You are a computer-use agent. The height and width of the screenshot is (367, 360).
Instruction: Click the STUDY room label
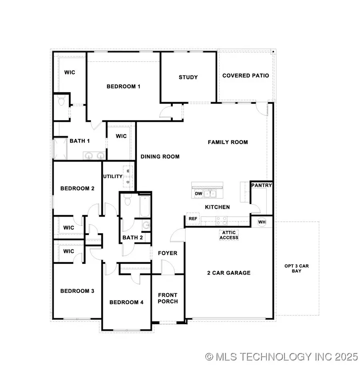point(188,77)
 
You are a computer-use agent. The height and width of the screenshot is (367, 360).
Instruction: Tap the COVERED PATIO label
point(246,76)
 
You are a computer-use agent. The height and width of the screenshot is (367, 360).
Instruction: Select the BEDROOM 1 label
point(123,86)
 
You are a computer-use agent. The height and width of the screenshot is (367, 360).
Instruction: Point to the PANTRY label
point(262,185)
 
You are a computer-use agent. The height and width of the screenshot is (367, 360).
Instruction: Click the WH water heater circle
point(262,222)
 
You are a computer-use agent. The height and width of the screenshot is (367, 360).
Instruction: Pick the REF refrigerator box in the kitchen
point(193,219)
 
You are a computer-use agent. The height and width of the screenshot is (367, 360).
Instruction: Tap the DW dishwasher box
point(199,194)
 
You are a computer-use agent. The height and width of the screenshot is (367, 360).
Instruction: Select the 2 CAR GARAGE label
point(229,273)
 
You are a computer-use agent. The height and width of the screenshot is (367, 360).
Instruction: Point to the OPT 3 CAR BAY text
point(296,269)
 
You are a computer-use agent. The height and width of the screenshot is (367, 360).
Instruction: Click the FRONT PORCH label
point(168,298)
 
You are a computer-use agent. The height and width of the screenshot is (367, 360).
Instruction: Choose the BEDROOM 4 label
point(126,302)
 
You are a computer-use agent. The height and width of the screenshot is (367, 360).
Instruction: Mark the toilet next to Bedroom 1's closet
point(61,102)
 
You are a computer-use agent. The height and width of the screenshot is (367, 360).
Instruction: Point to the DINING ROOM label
point(160,156)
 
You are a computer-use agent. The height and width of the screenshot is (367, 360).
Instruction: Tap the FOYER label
point(168,253)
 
